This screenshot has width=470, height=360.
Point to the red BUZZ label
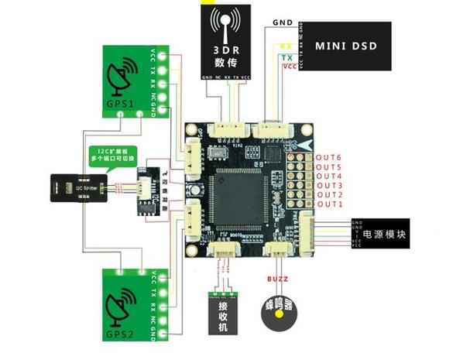277,277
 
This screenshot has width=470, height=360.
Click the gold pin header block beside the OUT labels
297,180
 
